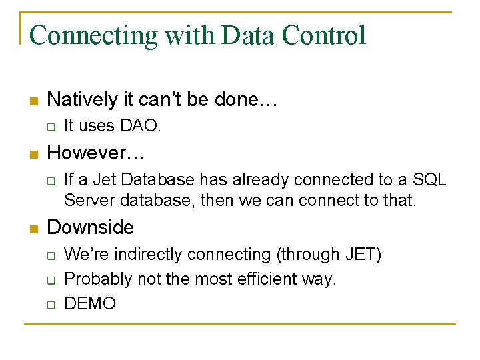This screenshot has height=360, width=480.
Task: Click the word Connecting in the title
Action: pyautogui.click(x=94, y=35)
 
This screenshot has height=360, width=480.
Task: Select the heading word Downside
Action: pyautogui.click(x=91, y=227)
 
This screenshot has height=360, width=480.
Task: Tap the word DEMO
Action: pyautogui.click(x=90, y=304)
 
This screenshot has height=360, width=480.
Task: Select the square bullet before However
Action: pyautogui.click(x=33, y=154)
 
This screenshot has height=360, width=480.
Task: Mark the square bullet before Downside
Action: pyautogui.click(x=33, y=229)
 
